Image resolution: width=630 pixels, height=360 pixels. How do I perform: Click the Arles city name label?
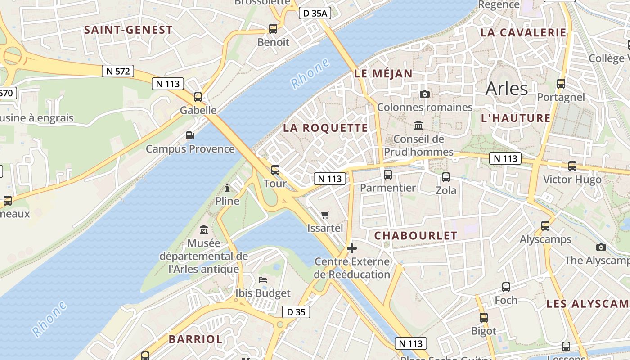pos(506,88)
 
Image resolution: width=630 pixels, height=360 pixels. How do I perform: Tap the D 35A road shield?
pos(315,13)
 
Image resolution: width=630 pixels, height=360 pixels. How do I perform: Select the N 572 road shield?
pos(117,71)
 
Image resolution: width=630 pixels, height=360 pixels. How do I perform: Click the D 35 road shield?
pos(296,312)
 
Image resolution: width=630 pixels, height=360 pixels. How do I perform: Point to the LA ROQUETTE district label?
pos(325,128)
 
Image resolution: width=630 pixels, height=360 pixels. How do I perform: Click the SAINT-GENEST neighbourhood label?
pos(128,30)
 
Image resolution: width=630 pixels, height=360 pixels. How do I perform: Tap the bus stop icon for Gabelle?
pos(198,97)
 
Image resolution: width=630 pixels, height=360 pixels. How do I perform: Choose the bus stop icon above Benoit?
pos(273,29)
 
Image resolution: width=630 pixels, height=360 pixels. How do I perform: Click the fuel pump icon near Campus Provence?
pos(190,135)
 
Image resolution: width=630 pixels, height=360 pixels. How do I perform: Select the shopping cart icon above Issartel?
pos(325,215)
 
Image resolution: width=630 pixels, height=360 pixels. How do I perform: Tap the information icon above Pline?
pos(227,187)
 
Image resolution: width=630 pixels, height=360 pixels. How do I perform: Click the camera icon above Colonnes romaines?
pos(424,94)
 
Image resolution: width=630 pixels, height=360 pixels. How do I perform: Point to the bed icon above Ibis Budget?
pos(263,280)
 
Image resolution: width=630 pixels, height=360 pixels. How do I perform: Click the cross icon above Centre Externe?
pos(352,248)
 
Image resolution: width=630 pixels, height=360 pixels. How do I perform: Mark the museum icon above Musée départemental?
pos(204,230)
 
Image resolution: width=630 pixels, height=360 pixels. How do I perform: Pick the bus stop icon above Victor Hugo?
pos(572,166)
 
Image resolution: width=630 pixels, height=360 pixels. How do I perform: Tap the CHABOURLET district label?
pos(415,236)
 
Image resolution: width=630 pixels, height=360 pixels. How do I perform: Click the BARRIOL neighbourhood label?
pos(195,339)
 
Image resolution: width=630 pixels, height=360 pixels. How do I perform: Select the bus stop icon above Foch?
pos(506,287)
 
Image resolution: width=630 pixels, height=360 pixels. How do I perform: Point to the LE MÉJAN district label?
pos(383,74)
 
